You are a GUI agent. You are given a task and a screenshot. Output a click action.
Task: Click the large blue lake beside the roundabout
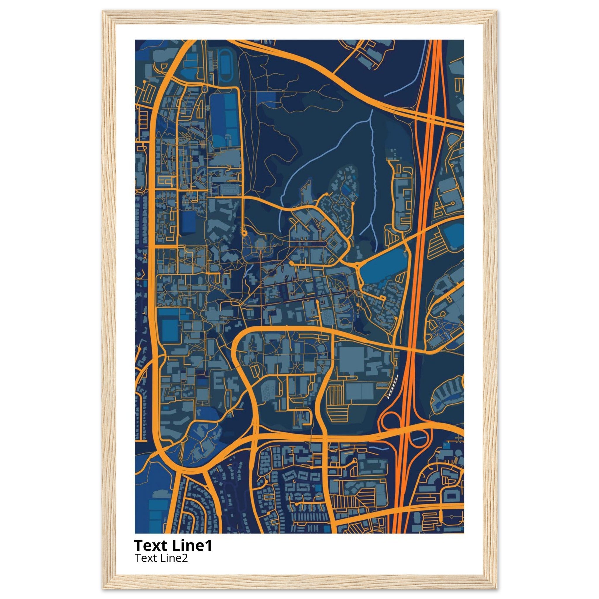point(383,267)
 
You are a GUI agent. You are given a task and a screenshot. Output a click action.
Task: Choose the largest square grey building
point(352,359)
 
